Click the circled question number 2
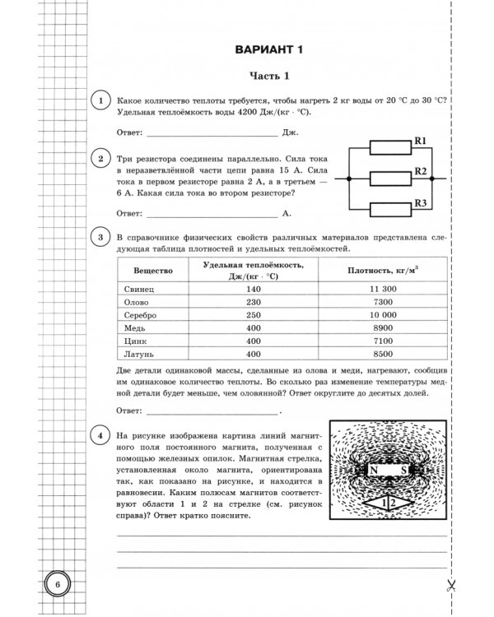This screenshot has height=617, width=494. pos(100,159)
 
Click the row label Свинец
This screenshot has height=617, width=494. pos(134,290)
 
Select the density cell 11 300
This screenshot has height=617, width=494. pos(384,290)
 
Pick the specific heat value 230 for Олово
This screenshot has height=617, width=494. pos(253,303)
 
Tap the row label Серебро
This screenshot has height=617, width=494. pos(137,315)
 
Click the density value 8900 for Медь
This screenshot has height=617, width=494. pos(384,327)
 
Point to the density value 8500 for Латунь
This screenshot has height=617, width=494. pos(384,354)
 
